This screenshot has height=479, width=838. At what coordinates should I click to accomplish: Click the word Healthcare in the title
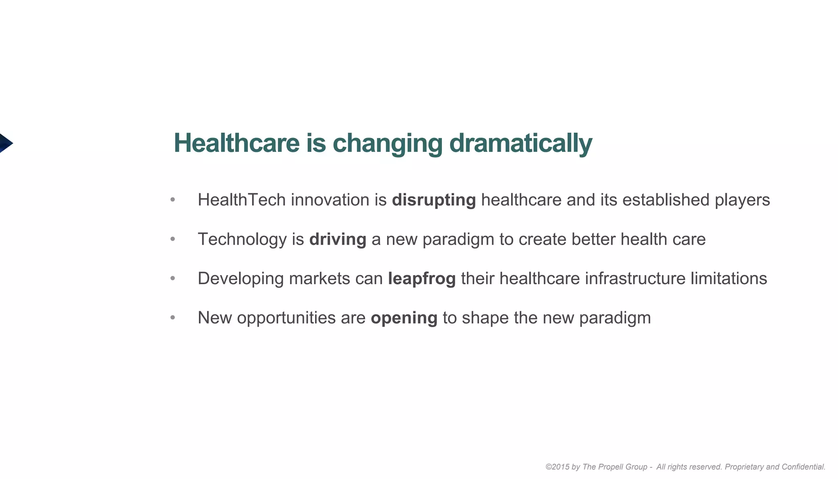click(x=237, y=143)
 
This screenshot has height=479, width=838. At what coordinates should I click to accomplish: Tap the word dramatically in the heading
click(x=520, y=143)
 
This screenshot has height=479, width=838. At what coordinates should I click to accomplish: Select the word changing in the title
click(x=387, y=143)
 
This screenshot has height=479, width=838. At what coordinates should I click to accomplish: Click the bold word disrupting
click(x=434, y=200)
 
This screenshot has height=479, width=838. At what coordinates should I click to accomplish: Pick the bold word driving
click(x=338, y=239)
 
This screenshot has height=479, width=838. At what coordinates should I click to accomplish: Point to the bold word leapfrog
click(x=421, y=279)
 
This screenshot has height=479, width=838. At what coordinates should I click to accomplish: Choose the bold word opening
click(x=404, y=318)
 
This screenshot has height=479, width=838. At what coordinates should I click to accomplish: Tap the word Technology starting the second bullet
click(x=242, y=239)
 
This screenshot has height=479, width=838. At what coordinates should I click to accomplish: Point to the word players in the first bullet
click(x=742, y=200)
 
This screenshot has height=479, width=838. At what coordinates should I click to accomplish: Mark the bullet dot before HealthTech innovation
click(x=173, y=200)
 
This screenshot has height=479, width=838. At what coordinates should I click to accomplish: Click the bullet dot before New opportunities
click(x=173, y=318)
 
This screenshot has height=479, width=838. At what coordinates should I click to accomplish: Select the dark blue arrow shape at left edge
click(x=5, y=143)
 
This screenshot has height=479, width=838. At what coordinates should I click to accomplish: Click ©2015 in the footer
click(x=557, y=467)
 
